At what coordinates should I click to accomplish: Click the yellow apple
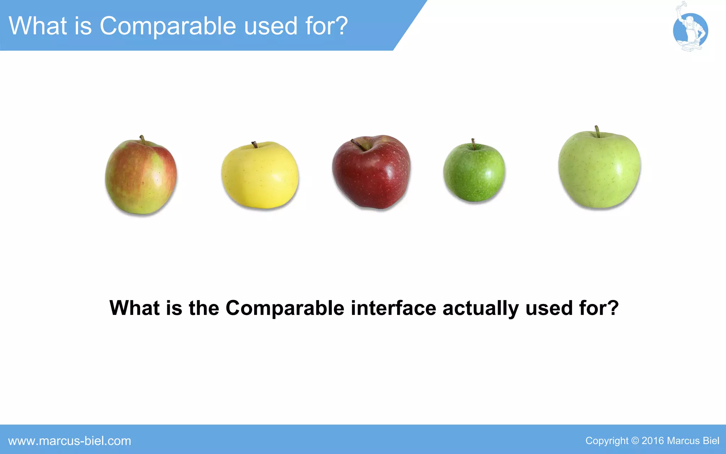click(x=260, y=176)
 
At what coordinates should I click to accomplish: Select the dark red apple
click(x=371, y=173)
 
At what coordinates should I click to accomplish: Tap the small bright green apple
click(x=474, y=173)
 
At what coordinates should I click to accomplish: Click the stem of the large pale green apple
click(x=597, y=131)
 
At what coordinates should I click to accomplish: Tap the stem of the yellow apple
click(x=255, y=144)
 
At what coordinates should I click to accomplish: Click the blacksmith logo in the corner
click(x=690, y=30)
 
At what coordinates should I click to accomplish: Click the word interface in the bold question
click(x=393, y=308)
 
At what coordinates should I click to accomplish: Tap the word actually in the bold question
click(x=481, y=308)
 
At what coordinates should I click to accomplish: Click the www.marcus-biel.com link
click(x=70, y=441)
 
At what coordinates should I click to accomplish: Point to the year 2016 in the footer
click(x=652, y=441)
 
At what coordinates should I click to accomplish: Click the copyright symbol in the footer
click(x=635, y=441)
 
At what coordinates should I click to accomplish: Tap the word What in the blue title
click(x=38, y=26)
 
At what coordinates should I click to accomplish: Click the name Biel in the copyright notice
click(x=711, y=441)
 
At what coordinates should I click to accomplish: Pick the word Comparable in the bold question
click(x=285, y=308)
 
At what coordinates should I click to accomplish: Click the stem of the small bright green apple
click(x=473, y=144)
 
